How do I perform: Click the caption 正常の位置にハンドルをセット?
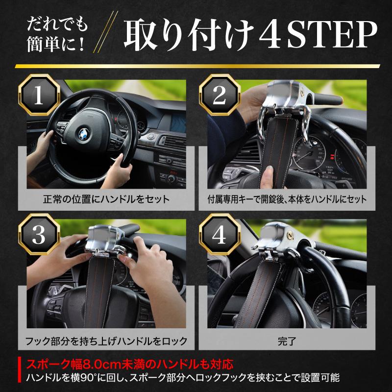[x=106, y=199]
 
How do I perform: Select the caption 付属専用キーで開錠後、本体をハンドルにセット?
[x=287, y=199]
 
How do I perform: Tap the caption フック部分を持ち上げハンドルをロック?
[x=106, y=340]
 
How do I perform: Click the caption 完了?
[x=287, y=340]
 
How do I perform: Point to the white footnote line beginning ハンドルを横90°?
[x=182, y=378]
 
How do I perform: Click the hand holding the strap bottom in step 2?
[x=269, y=176]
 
